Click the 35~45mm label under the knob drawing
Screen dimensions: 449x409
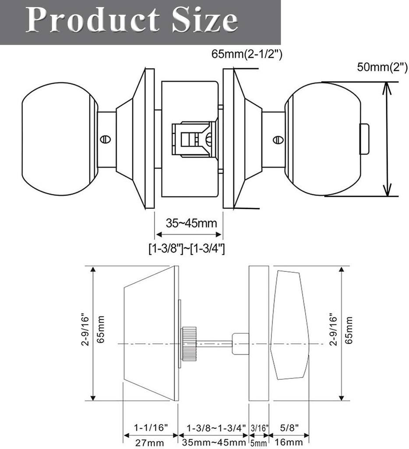coord(191,224)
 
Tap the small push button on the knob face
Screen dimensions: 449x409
coord(363,139)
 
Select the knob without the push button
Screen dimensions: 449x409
coord(57,139)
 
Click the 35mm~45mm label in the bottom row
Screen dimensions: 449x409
coord(214,442)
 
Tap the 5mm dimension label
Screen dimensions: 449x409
coord(258,443)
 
